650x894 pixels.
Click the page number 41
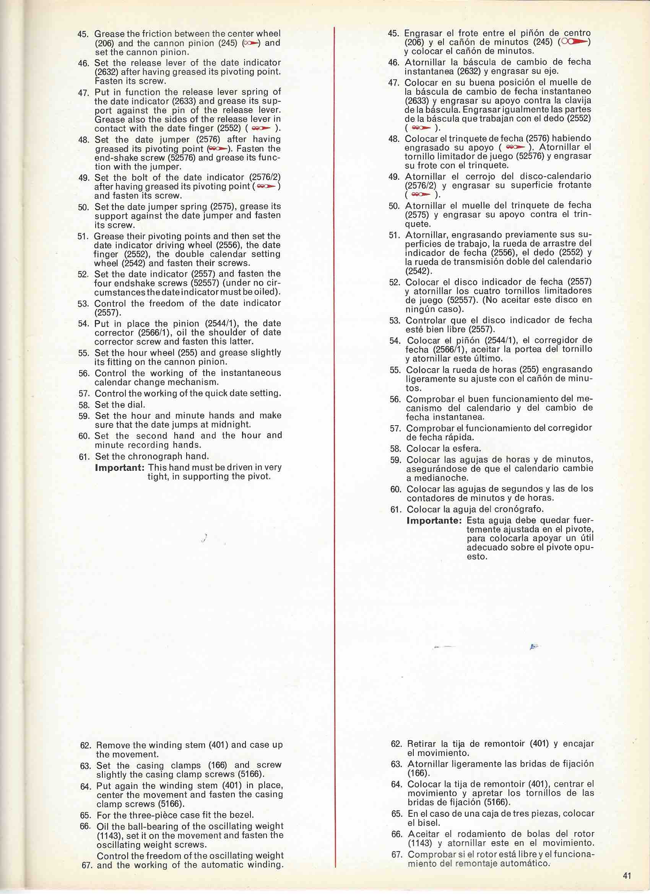(627, 873)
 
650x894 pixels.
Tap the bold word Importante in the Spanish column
(434, 520)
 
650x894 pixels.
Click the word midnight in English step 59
(232, 424)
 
